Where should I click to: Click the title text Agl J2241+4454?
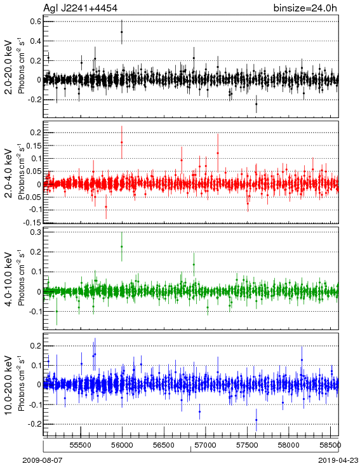[x=80, y=8]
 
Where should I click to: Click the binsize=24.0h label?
[x=305, y=8]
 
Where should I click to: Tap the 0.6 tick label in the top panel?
[x=36, y=22]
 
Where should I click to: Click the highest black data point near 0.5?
[x=121, y=32]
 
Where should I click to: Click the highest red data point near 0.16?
[x=121, y=142]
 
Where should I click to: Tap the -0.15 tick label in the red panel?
[x=32, y=222]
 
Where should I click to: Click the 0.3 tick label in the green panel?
[x=36, y=232]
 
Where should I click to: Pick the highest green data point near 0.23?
[x=121, y=247]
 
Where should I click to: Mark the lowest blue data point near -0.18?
[x=257, y=420]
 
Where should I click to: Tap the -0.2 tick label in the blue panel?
[x=34, y=424]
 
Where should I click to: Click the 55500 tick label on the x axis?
[x=81, y=445]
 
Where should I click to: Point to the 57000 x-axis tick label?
[x=206, y=445]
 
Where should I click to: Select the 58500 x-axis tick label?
[x=331, y=445]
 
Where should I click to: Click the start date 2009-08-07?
[x=43, y=460]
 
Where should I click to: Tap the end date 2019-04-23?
[x=338, y=460]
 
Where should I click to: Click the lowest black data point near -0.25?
[x=257, y=104]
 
